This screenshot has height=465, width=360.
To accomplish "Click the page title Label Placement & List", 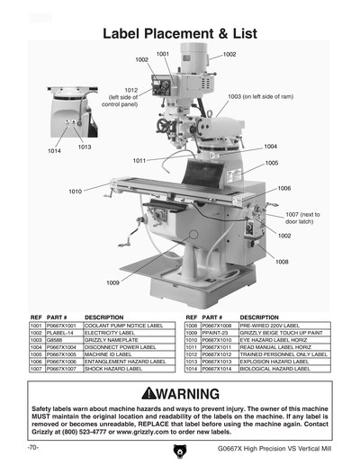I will coord(180,33).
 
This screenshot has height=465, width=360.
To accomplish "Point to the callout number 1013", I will coord(85,147).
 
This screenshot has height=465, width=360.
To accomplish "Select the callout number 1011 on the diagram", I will coord(139,160).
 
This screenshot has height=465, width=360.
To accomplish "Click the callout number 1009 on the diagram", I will coord(112,282).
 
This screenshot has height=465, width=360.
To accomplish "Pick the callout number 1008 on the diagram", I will coord(282,262).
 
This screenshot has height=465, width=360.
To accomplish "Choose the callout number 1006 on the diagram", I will coord(284,188).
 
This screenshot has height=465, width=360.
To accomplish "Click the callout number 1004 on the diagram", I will coord(270,145).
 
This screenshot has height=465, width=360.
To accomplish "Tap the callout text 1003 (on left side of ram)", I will coord(260,96).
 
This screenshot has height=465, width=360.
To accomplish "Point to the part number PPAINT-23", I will coord(213,333).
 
